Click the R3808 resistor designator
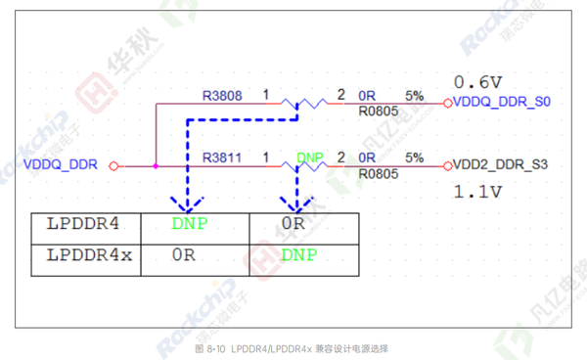click(221, 96)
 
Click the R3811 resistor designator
click(221, 157)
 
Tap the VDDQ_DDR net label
click(60, 165)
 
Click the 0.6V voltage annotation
click(477, 80)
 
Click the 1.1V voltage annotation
click(477, 192)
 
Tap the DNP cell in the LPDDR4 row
click(190, 224)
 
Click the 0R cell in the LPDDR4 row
click(293, 224)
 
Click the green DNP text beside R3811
click(310, 157)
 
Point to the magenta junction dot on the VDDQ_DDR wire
click(156, 165)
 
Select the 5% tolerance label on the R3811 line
click(414, 157)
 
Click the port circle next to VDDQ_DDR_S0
click(447, 102)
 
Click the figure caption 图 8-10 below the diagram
click(293, 349)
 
